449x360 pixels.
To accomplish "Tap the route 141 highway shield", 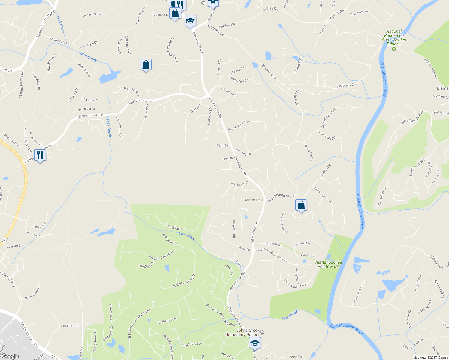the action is click(x=5, y=240).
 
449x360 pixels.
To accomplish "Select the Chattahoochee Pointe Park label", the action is click(x=328, y=264).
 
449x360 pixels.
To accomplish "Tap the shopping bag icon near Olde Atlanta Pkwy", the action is click(x=301, y=205).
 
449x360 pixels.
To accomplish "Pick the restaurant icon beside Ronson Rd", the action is click(x=40, y=155).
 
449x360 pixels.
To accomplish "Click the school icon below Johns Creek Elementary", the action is click(x=255, y=343).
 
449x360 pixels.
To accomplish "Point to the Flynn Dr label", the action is click(x=222, y=145).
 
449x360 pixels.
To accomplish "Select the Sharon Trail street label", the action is click(x=253, y=200).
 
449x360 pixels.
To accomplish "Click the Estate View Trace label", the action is click(x=240, y=125).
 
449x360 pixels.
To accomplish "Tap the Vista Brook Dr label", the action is click(x=239, y=183).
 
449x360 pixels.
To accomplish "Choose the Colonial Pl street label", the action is click(x=175, y=228).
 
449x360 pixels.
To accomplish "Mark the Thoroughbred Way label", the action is click(x=296, y=283).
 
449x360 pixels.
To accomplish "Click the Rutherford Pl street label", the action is click(x=309, y=153).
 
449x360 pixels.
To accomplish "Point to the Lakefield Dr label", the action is click(x=70, y=325).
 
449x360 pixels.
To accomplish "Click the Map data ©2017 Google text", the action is click(x=430, y=358).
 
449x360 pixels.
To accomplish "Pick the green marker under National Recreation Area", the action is click(x=394, y=49).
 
